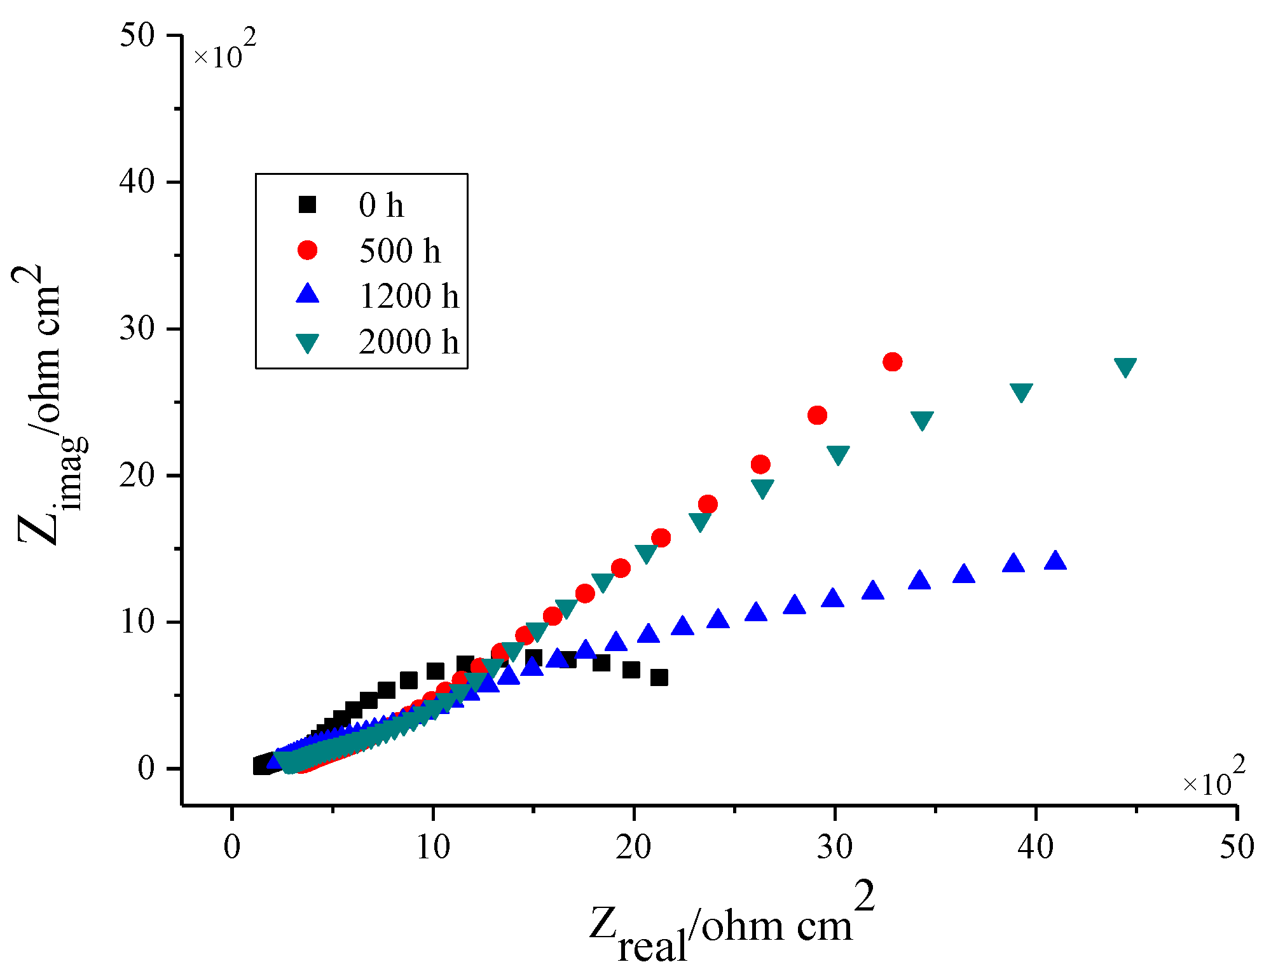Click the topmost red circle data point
click(x=892, y=362)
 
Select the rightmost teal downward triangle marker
click(x=1125, y=367)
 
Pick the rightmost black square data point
click(x=659, y=677)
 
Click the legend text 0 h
click(x=381, y=205)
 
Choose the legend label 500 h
click(x=399, y=251)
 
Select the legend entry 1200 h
click(x=408, y=296)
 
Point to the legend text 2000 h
click(x=408, y=342)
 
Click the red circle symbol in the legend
click(x=307, y=250)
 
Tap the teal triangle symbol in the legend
click(x=307, y=343)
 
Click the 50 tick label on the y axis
click(x=137, y=36)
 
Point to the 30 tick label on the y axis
click(x=137, y=329)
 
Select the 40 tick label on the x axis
click(x=1035, y=846)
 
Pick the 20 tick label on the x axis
click(x=633, y=846)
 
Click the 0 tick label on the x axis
click(x=232, y=846)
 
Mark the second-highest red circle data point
click(x=817, y=415)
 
